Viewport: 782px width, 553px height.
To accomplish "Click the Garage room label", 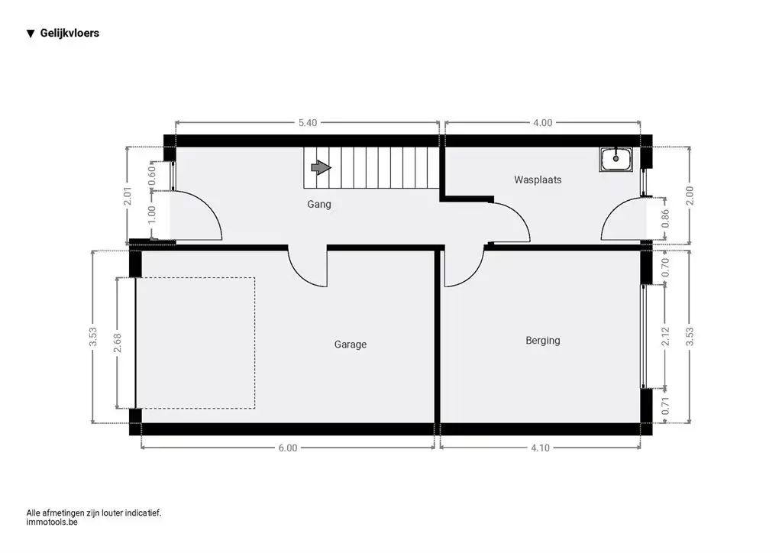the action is click(350, 344).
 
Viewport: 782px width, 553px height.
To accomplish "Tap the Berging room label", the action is click(543, 341).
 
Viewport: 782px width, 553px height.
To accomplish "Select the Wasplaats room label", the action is click(538, 179).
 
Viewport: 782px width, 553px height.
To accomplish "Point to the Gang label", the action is click(318, 204).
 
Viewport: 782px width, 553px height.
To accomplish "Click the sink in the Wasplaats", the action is click(616, 159).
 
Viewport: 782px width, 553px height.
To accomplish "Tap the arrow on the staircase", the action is click(321, 167).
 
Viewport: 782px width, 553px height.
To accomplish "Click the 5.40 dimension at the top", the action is click(307, 123).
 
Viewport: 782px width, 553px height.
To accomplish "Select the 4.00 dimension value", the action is click(543, 123).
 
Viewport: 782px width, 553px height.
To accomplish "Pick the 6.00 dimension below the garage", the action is click(288, 448).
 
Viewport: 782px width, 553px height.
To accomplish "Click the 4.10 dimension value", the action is click(540, 448).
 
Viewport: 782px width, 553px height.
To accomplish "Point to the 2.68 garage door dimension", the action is click(117, 343).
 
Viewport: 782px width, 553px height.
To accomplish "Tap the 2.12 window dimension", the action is click(665, 337).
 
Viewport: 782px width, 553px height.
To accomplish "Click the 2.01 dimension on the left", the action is click(128, 196).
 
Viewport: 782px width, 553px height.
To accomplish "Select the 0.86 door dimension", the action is click(665, 218).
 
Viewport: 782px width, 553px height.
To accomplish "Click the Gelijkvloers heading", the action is click(69, 34).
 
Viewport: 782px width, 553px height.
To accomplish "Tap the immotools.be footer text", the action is click(52, 522).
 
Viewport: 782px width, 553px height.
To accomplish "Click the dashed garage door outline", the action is click(255, 343).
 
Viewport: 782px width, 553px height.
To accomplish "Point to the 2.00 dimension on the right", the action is click(690, 196).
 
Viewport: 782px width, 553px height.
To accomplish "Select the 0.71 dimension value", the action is click(665, 406).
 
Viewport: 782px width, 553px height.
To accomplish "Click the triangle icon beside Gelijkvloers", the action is click(31, 34).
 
